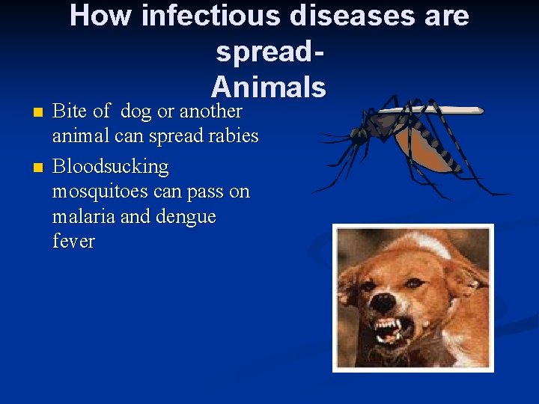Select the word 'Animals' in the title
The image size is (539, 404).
(269, 88)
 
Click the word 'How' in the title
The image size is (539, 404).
(100, 15)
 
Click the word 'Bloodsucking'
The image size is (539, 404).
(111, 166)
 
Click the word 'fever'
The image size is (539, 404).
(73, 242)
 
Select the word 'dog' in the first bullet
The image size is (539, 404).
(135, 112)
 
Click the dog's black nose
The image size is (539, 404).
(383, 303)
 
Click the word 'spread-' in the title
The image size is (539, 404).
(269, 52)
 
